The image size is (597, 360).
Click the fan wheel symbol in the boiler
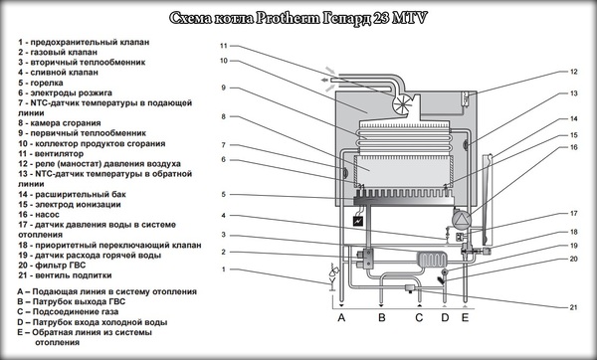tap(402, 103)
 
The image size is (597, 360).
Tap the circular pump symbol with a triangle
tap(461, 219)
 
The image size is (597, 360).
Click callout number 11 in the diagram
tap(224, 46)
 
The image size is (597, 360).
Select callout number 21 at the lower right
tap(573, 307)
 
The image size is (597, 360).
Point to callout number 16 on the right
tap(573, 147)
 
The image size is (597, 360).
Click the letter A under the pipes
tap(341, 317)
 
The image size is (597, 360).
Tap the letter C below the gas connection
tap(419, 317)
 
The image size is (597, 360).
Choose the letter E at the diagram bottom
tap(465, 317)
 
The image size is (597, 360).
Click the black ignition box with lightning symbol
tap(358, 221)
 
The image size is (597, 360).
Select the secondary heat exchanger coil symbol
tap(432, 260)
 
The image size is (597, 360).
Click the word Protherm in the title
tap(288, 18)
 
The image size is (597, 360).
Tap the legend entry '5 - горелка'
tap(41, 83)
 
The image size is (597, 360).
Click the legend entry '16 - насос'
tap(38, 214)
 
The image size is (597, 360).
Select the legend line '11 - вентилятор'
tap(51, 154)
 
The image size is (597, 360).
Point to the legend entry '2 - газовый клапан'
tap(58, 52)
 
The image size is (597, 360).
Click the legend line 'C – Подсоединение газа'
tap(68, 311)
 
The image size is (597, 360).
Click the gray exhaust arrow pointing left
tap(324, 80)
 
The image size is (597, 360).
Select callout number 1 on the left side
tap(224, 270)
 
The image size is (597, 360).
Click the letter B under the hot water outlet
tap(382, 317)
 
